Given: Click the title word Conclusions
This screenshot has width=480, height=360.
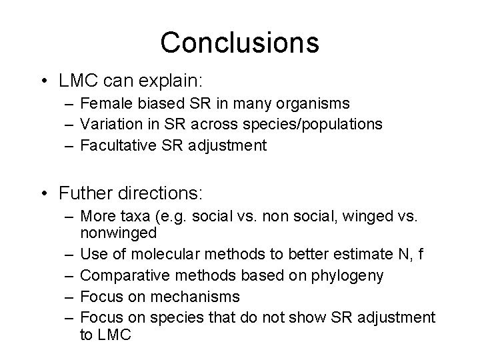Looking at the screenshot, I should coord(239,43).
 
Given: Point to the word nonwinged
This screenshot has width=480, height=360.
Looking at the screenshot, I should coord(118,233).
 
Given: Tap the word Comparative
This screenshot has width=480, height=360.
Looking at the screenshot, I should coord(120,275).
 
